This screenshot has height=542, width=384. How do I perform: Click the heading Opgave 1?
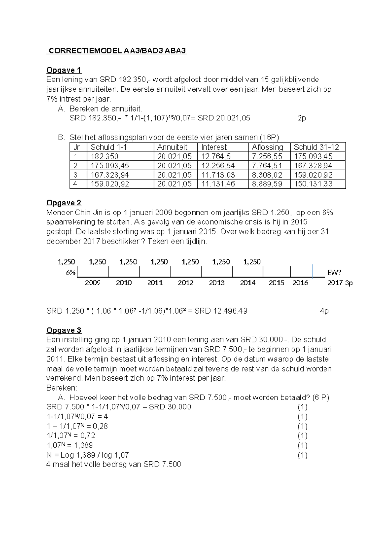(64, 70)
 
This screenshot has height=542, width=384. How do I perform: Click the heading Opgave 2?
(64, 203)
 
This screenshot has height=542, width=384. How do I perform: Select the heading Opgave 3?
(64, 330)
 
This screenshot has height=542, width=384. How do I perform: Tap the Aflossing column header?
(268, 147)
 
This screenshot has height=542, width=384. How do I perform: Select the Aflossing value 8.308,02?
(267, 175)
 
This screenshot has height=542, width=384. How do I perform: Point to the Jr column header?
(76, 147)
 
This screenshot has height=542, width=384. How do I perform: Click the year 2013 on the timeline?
(217, 283)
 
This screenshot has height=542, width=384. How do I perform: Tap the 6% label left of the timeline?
(70, 273)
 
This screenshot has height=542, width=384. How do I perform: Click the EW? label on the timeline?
(334, 273)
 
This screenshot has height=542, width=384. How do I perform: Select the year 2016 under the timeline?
(300, 283)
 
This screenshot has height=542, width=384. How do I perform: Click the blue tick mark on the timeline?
(312, 271)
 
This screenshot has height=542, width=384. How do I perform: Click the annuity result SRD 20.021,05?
(224, 118)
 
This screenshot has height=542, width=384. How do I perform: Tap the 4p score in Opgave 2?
(324, 311)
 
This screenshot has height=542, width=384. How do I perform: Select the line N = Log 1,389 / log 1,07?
(88, 455)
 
